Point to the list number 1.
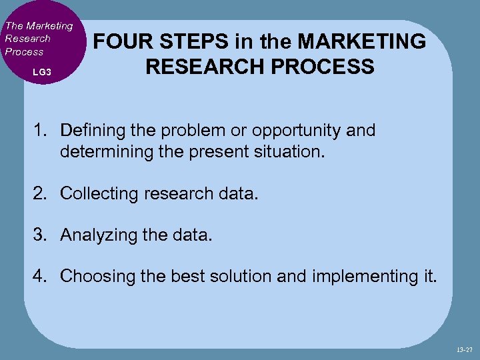coord(40,131)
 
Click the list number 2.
coord(40,193)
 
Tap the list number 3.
coord(40,235)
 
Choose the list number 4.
coord(40,276)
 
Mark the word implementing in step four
coord(358,276)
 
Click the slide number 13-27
coord(465,349)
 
